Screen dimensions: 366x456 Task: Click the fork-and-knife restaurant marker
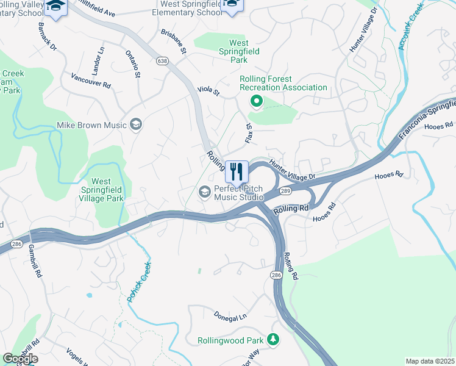237,171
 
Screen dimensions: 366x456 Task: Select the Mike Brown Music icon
136,124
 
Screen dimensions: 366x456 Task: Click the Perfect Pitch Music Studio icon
205,192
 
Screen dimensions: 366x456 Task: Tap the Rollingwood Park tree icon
274,339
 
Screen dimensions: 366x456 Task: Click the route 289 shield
285,191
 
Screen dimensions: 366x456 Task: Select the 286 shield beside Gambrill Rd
17,244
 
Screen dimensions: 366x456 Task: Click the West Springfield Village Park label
101,190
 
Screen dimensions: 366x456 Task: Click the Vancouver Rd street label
90,81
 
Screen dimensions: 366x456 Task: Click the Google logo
20,358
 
